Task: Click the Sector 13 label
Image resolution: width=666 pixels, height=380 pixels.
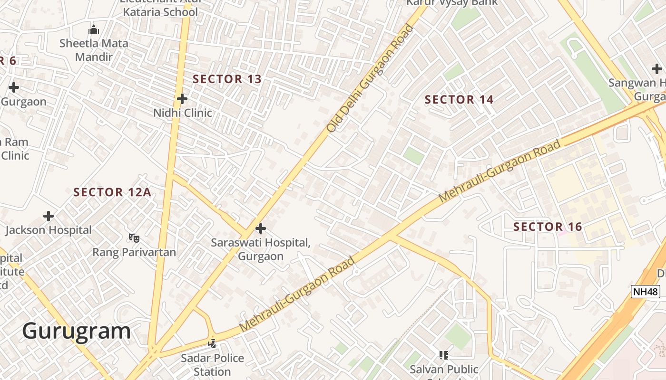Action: pos(227,79)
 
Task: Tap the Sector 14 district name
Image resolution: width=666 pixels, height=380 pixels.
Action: pos(459,100)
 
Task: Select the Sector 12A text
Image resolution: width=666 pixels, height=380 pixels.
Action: pos(112,192)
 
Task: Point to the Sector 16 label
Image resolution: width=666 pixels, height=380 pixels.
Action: pos(548,227)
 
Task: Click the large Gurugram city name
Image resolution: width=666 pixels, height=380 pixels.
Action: pos(76,331)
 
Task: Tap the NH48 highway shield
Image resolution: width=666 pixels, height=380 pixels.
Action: pos(645,292)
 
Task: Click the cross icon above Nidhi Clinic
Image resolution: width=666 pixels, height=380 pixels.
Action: pos(182,99)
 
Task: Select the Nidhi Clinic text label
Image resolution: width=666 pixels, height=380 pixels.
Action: pos(183,113)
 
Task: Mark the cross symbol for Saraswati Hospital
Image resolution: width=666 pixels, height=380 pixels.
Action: pos(260,228)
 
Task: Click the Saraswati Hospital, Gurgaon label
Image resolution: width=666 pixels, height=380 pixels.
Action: pos(261,249)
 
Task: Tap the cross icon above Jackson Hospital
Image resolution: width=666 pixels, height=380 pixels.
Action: pos(49,216)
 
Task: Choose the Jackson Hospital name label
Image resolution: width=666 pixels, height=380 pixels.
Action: pos(49,230)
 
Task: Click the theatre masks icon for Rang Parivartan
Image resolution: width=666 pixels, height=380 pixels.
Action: pos(134,237)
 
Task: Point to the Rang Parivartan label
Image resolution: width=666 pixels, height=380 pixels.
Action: pos(134,252)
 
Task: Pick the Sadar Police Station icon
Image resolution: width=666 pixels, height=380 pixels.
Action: pos(212,343)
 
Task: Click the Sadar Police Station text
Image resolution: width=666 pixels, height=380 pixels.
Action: pos(212,364)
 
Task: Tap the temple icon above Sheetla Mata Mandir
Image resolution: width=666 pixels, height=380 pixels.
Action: pos(94,29)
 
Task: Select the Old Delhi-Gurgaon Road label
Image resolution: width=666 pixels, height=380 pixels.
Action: pos(369,78)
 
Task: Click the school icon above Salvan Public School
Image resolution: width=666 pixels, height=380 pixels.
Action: pos(444,355)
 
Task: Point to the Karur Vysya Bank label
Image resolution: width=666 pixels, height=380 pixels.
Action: pos(451,2)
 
